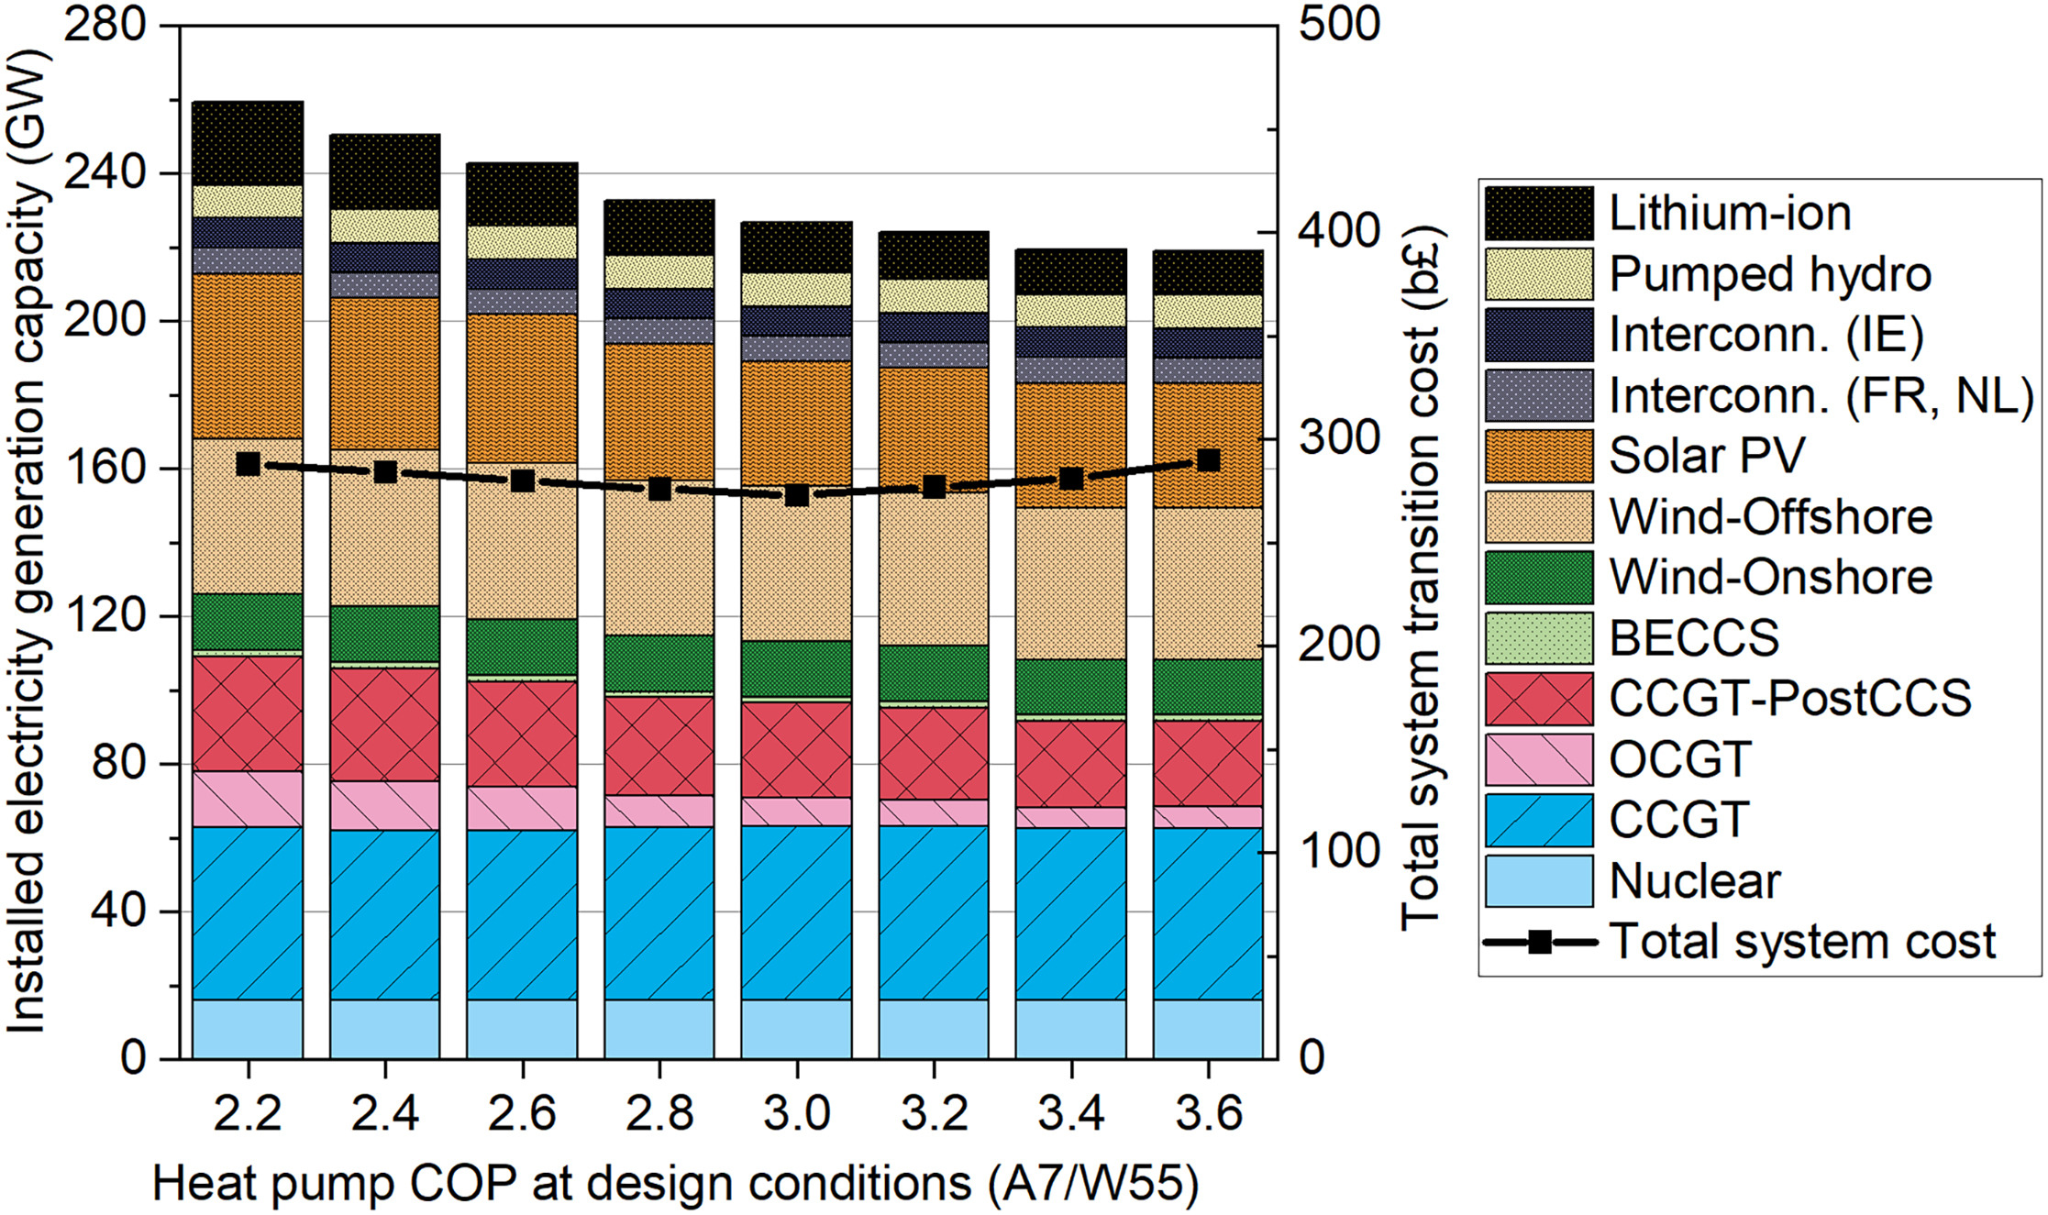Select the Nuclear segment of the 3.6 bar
[x=1208, y=1029]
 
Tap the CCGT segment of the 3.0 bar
[x=796, y=912]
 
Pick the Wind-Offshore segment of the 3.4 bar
[x=1070, y=583]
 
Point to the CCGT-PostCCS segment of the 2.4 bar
[x=384, y=724]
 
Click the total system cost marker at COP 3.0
[x=797, y=495]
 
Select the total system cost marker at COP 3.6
[x=1209, y=460]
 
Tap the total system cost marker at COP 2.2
[x=248, y=464]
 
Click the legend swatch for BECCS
[x=1538, y=638]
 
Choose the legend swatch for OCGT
[x=1538, y=759]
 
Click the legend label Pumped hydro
[x=1769, y=274]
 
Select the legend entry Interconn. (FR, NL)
[x=1821, y=396]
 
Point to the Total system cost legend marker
[x=1540, y=942]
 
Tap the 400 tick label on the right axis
[x=1339, y=231]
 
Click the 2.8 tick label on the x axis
[x=659, y=1113]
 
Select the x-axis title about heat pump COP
[x=675, y=1184]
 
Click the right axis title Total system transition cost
[x=1420, y=578]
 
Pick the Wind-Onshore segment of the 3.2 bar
[x=933, y=674]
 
